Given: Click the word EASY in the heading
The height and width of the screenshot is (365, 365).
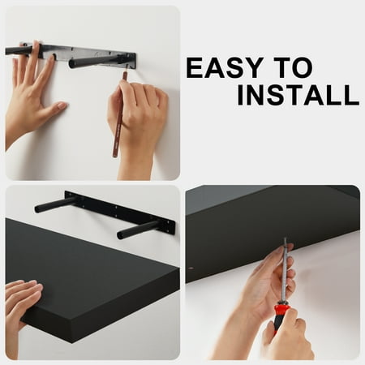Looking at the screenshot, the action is coord(225,67).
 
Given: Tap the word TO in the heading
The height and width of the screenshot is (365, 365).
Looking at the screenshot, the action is coord(293,67).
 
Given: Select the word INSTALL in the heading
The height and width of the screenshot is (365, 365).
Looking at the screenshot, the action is coord(298,95).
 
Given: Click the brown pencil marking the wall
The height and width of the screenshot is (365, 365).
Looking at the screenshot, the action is coord(119,115).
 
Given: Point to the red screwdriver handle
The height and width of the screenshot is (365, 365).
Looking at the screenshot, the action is coord(281,318).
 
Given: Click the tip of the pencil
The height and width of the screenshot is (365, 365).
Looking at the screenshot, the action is coord(126,72).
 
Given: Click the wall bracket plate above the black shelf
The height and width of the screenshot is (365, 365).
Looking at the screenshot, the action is coord(120,208).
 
